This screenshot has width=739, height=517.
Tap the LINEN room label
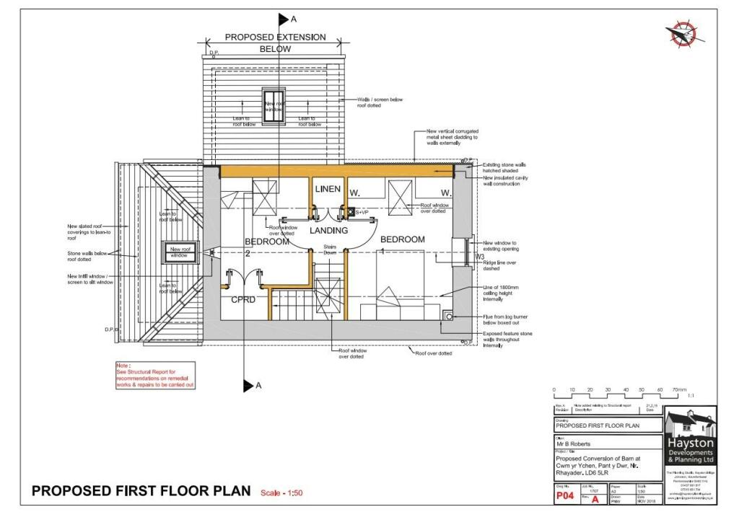coord(328,189)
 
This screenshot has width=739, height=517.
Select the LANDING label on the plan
coord(328,231)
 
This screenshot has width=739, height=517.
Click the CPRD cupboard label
coord(243,299)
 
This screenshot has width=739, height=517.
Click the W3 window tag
coord(479,257)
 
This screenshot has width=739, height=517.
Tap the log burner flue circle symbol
coord(450,315)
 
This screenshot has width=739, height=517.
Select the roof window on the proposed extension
coord(274,104)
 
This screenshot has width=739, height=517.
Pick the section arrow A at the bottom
coord(250,386)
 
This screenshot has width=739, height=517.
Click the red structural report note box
coord(154,376)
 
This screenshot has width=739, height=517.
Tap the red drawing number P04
coord(564,495)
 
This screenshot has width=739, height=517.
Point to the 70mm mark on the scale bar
coord(678,390)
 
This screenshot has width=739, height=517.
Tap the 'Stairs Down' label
coord(329,249)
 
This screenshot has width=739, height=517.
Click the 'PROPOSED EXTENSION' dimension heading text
coord(275,37)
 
